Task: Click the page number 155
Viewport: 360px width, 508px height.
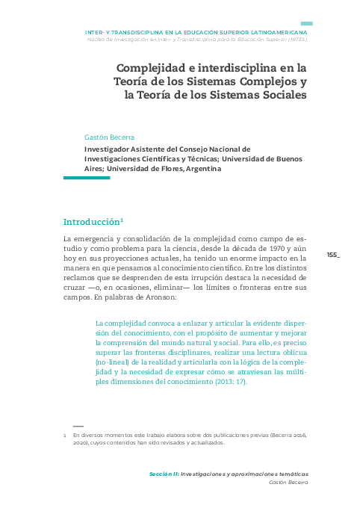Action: point(332,255)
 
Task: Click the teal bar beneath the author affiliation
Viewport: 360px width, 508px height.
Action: point(87,178)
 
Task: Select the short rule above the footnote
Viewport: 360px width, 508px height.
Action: point(69,425)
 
